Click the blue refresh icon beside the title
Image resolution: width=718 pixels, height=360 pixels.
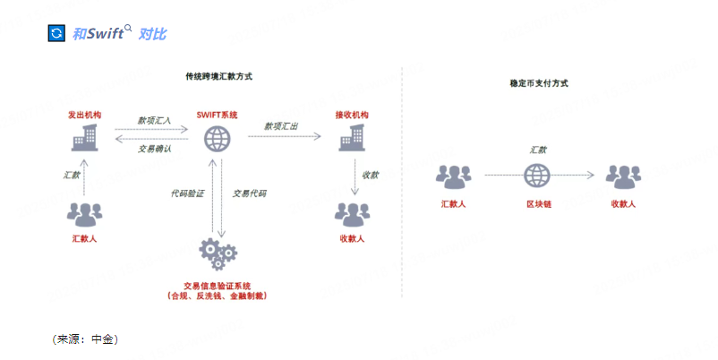(x=57, y=33)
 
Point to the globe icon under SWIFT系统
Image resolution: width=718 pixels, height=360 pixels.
(x=217, y=139)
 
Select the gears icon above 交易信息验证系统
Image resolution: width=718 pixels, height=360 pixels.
(x=217, y=253)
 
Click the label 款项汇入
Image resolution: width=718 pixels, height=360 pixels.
(x=154, y=119)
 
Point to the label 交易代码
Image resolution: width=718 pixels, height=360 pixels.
(x=249, y=193)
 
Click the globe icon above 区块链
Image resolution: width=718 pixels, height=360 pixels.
(x=537, y=175)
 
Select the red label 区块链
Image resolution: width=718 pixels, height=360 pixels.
(x=538, y=204)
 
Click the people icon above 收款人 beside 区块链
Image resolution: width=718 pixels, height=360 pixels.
(x=623, y=176)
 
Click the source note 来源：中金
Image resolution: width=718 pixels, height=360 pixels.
(x=86, y=339)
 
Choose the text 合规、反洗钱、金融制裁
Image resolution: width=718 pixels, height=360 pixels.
(x=217, y=296)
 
